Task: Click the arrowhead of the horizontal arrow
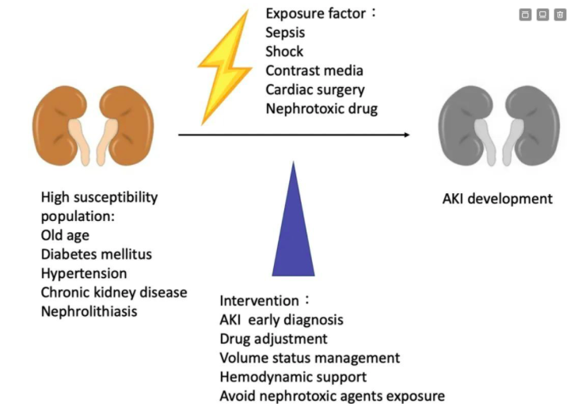(x=407, y=135)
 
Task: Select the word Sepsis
(x=285, y=32)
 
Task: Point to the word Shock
(x=284, y=51)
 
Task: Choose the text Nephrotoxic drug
(x=322, y=108)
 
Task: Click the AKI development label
(x=497, y=198)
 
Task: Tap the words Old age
(x=64, y=235)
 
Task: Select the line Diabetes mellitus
(x=96, y=254)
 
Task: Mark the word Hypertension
(x=83, y=273)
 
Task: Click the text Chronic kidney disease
(x=113, y=292)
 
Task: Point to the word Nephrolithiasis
(x=88, y=311)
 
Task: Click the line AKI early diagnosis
(x=281, y=320)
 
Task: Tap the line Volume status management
(x=310, y=358)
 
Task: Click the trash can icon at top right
(x=560, y=14)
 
